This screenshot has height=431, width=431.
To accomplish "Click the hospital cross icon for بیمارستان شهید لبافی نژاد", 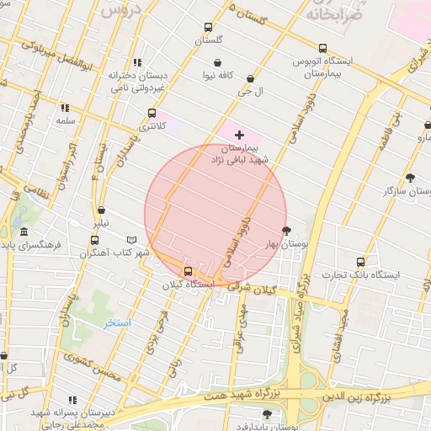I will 240,135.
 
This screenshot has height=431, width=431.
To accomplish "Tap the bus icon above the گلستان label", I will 209,28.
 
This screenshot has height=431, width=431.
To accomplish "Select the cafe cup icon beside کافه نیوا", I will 218,63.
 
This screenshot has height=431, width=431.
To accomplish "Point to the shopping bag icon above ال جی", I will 251,79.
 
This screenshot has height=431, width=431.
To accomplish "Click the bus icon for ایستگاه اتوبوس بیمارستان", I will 323,49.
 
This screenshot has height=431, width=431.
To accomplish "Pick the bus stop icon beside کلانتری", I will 152,114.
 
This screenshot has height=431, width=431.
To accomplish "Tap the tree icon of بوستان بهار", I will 286,230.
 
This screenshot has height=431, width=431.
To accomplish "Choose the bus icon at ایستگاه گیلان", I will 188,271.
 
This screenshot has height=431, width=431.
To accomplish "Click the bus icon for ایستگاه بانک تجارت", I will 361,262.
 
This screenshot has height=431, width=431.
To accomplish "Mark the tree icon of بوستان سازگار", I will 410,178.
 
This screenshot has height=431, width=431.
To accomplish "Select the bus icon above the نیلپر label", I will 102,211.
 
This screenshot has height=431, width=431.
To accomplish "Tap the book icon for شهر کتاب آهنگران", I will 130,240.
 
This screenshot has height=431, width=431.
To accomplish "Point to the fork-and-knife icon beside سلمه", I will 64,108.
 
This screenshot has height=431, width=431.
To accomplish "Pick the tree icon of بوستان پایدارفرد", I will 268,413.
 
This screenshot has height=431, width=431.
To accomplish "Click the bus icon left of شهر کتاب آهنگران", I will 93,240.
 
